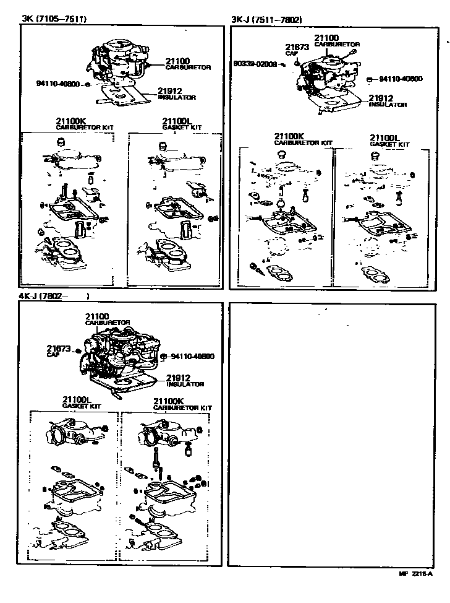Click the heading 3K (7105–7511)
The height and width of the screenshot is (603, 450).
pos(54,19)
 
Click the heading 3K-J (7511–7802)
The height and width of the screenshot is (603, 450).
pos(266,19)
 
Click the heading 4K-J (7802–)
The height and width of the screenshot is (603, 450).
pos(57,297)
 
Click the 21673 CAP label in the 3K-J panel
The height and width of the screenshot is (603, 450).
pos(296,50)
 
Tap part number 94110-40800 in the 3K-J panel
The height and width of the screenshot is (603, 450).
pos(400,79)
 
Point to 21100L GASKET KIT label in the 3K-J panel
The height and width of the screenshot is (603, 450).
pos(389,140)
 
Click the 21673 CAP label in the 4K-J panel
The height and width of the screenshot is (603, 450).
pos(58,351)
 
